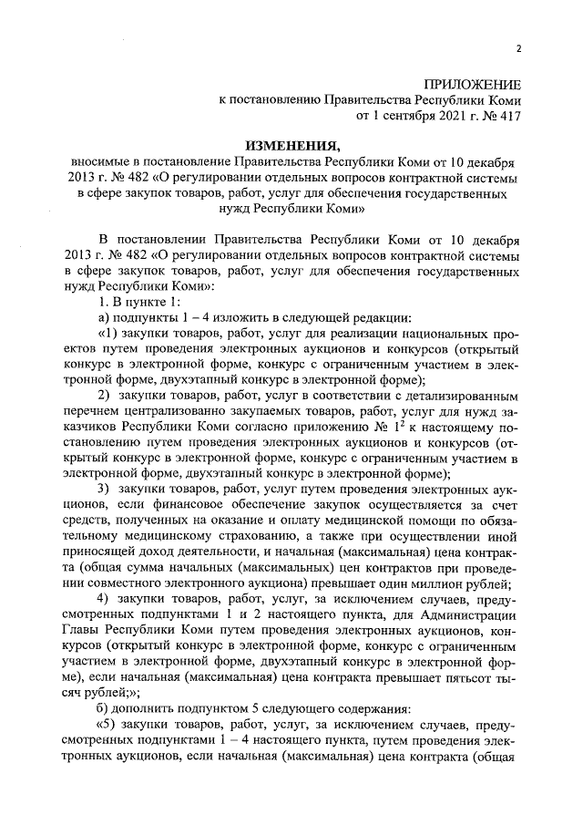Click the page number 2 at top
pos(518,49)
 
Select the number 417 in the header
pos(509,117)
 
